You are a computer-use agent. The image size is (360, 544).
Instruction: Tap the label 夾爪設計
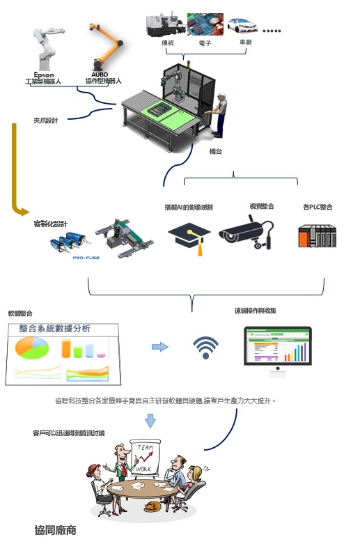[x=46, y=120]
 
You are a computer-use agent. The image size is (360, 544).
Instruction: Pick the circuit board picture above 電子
[x=205, y=25]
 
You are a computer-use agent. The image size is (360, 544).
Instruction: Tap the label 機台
[x=216, y=151]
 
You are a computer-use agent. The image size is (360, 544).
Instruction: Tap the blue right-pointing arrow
[x=160, y=346]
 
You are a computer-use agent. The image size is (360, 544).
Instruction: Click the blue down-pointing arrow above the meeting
[x=150, y=421]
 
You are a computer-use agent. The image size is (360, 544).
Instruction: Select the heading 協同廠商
[x=55, y=530]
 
